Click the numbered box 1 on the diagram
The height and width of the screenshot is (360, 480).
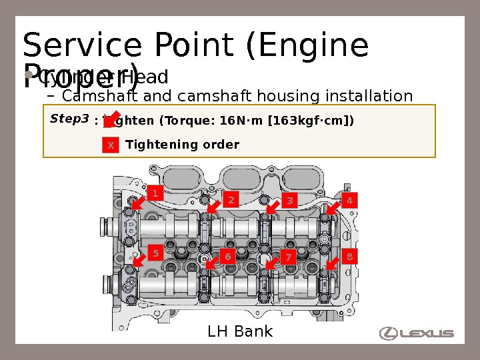pos(155,193)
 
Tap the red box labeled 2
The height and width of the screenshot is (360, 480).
pos(231,199)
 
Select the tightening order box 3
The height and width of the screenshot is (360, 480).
pos(289,201)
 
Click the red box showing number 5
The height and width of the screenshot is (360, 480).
pos(155,253)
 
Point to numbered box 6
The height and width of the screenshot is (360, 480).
pos(227,257)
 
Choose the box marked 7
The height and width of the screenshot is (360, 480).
pos(289,257)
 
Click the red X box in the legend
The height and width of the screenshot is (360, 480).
pos(111,145)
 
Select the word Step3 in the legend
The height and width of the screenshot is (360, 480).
pos(69,119)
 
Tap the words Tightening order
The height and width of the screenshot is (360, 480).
pos(182,145)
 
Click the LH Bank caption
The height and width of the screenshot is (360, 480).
pos(240,331)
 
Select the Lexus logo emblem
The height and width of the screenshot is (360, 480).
pos(388,333)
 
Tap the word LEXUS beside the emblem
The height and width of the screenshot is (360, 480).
pos(427,333)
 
